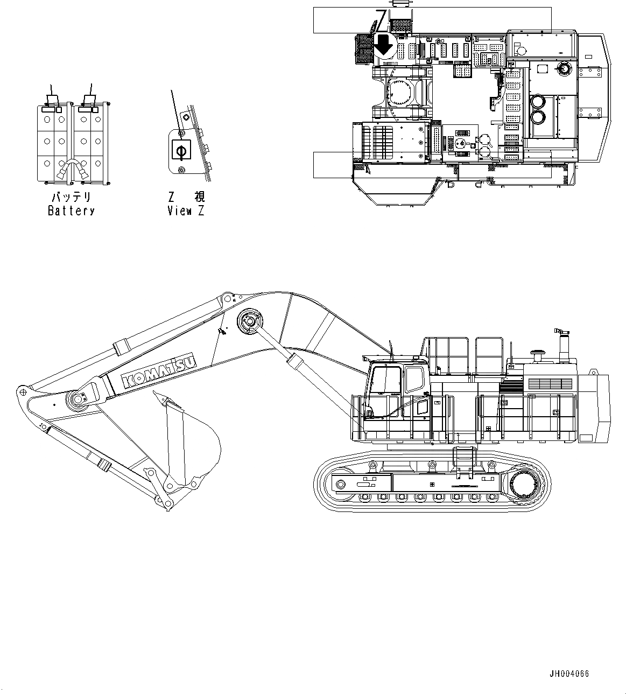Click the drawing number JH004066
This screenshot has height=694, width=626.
[x=569, y=674]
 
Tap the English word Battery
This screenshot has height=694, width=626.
[x=71, y=211]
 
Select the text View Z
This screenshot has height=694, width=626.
[x=186, y=211]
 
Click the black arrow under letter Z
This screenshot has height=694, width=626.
[x=384, y=45]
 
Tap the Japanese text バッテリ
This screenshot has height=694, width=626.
[x=71, y=198]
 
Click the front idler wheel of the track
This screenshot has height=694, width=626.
[x=340, y=485]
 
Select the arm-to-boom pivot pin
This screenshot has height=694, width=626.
[x=76, y=399]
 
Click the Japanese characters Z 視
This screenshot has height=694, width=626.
[x=186, y=198]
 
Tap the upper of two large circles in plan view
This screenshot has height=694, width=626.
[x=537, y=102]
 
